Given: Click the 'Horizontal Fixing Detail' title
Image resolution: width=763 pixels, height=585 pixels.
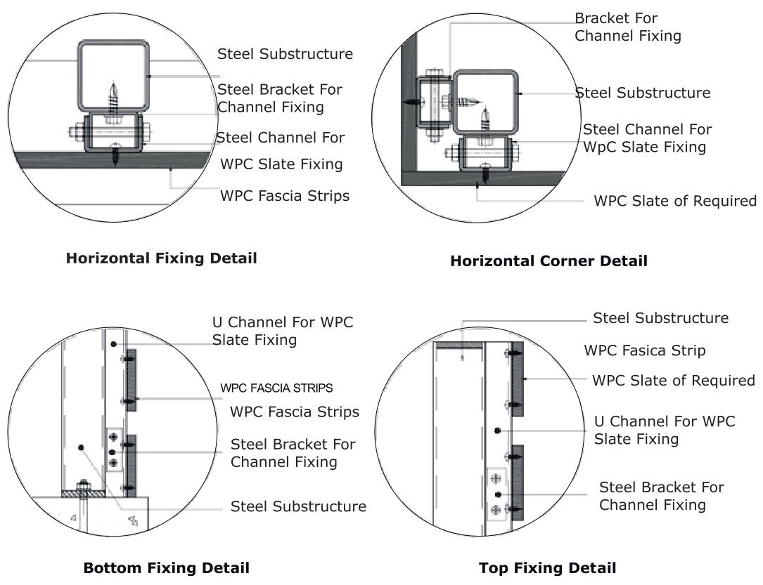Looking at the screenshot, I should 161,258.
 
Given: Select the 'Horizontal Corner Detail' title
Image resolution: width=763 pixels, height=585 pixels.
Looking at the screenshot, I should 549,261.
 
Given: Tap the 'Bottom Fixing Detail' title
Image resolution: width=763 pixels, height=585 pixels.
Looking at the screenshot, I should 166,567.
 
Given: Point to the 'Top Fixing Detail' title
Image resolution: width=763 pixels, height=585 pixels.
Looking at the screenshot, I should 547,567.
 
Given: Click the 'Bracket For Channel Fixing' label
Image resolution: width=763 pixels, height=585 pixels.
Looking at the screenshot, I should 627,27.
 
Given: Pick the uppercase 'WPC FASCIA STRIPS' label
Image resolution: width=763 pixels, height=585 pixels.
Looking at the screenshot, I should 276,388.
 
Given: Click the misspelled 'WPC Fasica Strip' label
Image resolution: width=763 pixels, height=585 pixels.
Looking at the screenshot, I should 644,350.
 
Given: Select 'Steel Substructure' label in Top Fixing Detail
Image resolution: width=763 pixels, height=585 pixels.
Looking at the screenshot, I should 660,318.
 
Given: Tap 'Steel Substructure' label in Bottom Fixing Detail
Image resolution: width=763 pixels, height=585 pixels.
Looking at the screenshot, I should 298,506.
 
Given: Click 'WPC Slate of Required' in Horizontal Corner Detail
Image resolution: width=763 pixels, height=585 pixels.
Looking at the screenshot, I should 675,201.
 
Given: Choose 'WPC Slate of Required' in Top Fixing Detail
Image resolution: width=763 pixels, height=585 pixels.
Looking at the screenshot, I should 673,381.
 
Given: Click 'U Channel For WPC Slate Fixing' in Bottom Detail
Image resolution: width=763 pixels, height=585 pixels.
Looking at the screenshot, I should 283,331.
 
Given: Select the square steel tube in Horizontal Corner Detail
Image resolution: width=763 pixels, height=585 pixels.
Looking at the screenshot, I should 485,101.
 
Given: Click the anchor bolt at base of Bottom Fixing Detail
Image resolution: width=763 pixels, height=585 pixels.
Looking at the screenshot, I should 83,487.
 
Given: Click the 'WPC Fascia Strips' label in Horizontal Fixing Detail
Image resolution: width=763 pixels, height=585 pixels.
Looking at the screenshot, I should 285,196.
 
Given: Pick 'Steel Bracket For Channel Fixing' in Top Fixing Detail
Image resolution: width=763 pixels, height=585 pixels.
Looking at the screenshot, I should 661,496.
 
